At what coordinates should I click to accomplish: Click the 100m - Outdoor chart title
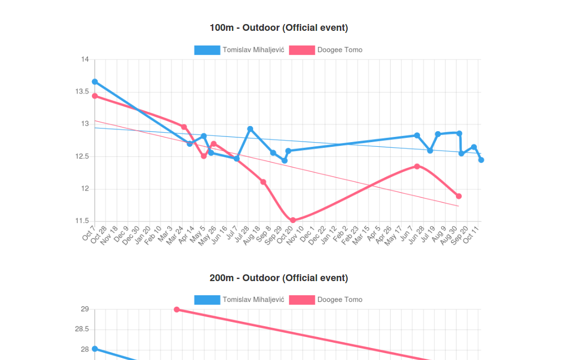(279, 28)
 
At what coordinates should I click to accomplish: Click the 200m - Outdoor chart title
(279, 278)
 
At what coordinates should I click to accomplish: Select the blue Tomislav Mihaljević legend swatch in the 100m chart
(207, 50)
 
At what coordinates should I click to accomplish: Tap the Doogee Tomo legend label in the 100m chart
(339, 50)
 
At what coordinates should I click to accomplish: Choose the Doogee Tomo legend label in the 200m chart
(339, 300)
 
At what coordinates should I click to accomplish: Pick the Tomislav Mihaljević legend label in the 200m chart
(253, 300)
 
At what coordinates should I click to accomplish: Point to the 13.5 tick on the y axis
(82, 92)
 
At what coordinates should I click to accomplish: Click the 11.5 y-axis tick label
(82, 222)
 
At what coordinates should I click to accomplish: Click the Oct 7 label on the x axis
(89, 234)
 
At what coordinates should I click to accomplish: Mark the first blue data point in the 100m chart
(95, 82)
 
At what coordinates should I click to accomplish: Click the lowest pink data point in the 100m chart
(293, 220)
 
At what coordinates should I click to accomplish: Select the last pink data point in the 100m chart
(459, 196)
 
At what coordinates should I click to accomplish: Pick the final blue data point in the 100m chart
(481, 160)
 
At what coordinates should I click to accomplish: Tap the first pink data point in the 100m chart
(95, 96)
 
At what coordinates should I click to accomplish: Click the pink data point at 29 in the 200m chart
(177, 310)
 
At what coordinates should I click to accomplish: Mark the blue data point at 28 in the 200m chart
(95, 349)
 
